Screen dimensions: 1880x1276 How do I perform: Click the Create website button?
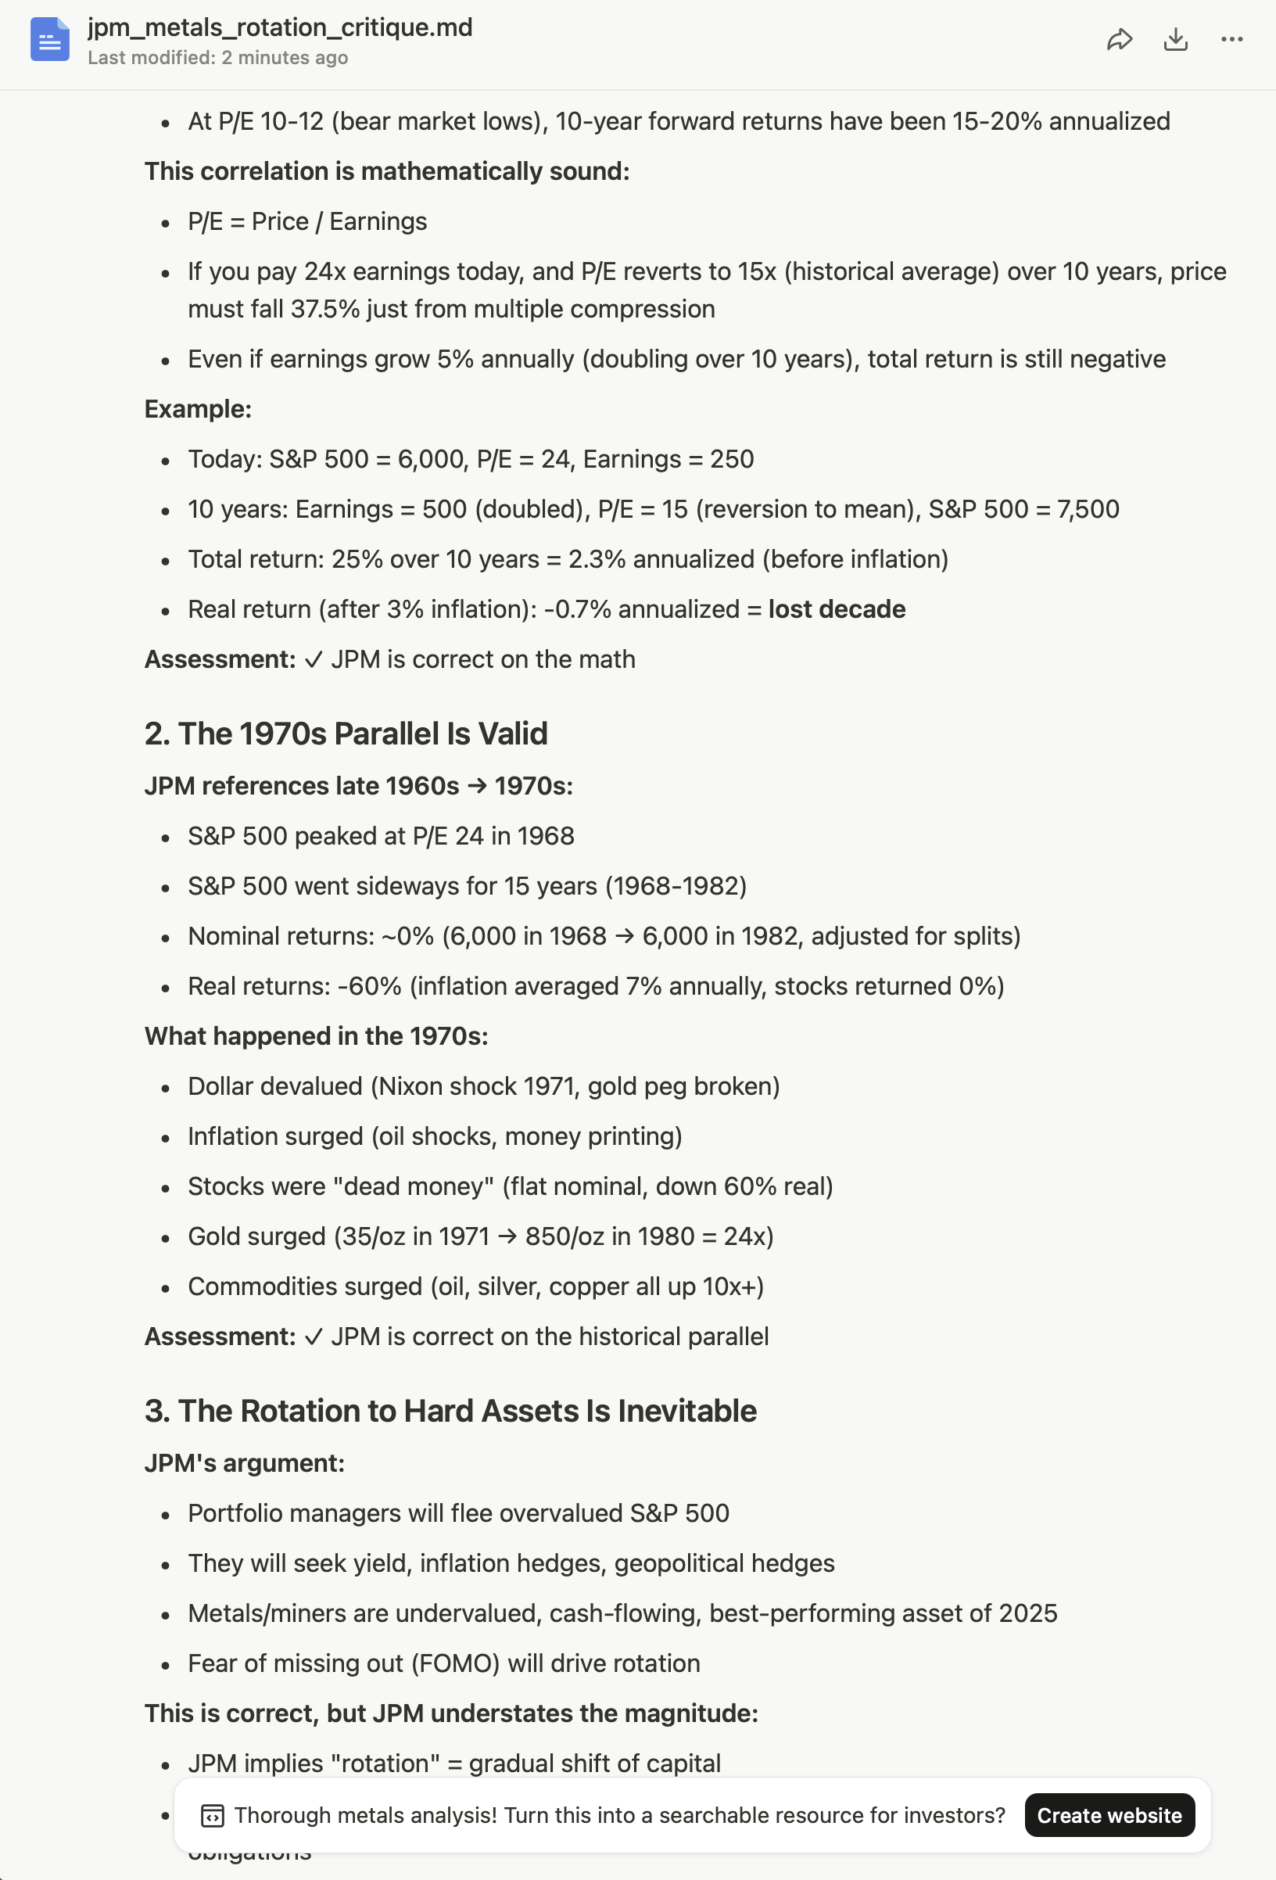(1109, 1815)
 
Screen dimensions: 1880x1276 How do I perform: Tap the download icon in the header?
(1175, 40)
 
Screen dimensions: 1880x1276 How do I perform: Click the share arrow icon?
(1119, 40)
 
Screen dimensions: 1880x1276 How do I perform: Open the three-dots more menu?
(1231, 40)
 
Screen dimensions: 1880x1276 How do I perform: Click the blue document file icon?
(49, 40)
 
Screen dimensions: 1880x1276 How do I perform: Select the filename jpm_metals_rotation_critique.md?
(280, 27)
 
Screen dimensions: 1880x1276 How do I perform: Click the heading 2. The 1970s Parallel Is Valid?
(346, 734)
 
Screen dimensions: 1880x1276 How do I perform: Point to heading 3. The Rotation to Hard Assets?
(450, 1411)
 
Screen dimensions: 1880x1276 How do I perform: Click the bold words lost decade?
(836, 609)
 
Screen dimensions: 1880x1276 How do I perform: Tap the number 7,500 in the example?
(1088, 509)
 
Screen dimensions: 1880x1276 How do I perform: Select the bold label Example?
(198, 409)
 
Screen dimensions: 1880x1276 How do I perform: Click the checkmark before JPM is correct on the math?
(313, 660)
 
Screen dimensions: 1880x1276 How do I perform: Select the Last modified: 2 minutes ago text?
(217, 58)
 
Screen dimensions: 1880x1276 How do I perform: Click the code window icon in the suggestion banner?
(212, 1815)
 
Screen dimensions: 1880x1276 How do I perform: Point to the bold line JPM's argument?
(244, 1463)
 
